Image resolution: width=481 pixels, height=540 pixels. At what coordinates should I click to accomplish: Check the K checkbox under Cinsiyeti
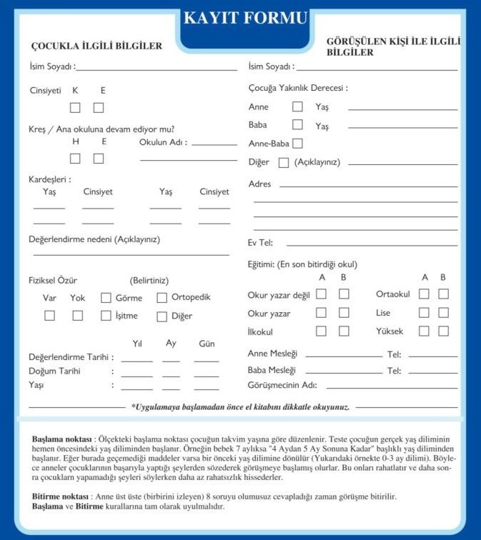tap(75, 108)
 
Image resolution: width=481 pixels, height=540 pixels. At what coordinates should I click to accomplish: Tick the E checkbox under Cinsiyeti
tap(99, 108)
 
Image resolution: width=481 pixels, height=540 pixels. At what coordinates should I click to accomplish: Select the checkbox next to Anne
tap(297, 107)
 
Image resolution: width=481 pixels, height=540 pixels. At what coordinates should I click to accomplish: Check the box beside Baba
tap(297, 125)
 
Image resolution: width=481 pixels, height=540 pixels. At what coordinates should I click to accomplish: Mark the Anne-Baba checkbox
tap(297, 144)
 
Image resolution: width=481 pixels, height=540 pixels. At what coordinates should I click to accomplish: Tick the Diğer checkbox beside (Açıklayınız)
tap(284, 162)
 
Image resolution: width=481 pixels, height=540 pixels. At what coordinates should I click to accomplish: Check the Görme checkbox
tap(106, 298)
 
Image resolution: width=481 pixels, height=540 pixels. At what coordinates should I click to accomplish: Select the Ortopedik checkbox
tap(162, 298)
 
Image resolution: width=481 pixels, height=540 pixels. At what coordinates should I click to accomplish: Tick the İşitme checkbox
tap(106, 316)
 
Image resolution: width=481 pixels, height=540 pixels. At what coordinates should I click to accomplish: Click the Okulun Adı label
tap(163, 142)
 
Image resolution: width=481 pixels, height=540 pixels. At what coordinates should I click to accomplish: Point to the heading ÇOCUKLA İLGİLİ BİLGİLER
tap(96, 46)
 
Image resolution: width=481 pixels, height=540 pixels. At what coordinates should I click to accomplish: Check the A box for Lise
tap(424, 313)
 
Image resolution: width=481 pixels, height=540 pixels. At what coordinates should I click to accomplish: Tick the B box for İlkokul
tap(344, 331)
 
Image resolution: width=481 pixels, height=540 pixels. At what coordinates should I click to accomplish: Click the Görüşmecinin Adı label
tap(282, 385)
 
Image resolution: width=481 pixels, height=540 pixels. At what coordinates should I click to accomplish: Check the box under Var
tap(50, 316)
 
